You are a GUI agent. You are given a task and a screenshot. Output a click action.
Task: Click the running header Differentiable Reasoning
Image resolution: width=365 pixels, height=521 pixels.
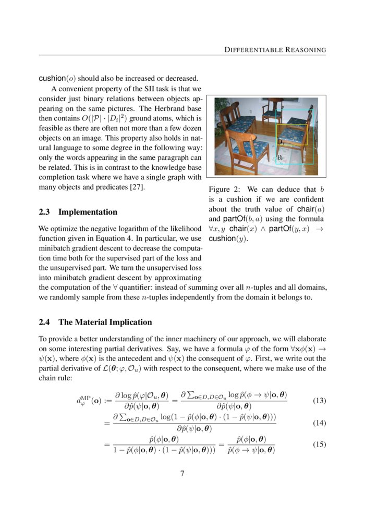click(x=275, y=50)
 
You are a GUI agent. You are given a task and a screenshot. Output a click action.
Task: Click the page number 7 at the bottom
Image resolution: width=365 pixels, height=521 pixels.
click(x=182, y=473)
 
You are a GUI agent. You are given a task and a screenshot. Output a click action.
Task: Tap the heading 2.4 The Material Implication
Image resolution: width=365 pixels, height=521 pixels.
click(x=95, y=322)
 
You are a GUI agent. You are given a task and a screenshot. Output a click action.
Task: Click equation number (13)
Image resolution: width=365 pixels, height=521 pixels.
click(x=319, y=401)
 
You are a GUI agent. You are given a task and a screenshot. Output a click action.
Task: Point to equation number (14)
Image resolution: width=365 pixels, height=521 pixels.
click(x=319, y=423)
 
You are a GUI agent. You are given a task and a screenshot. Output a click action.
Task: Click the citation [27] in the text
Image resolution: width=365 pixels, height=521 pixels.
click(x=138, y=187)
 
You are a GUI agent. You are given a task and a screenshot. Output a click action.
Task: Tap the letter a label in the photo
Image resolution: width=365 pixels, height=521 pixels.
click(x=279, y=156)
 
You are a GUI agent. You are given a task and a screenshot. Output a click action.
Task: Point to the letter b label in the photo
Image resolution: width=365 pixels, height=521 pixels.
click(x=279, y=142)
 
